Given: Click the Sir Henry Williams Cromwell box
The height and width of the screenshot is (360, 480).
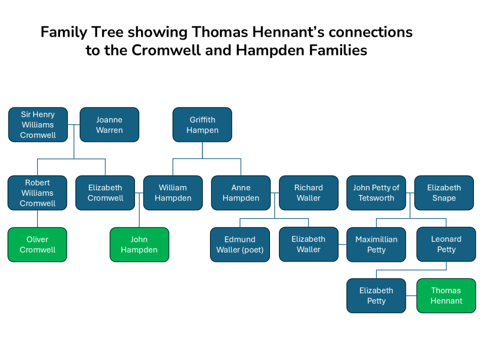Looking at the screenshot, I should pyautogui.click(x=37, y=125).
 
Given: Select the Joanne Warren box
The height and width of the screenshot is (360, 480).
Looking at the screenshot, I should pyautogui.click(x=109, y=125).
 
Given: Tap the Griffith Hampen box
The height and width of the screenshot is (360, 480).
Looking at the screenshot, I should pyautogui.click(x=202, y=125).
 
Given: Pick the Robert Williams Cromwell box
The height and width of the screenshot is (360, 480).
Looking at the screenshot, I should pyautogui.click(x=37, y=193).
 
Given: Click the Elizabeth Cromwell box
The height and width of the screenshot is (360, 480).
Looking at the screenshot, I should pyautogui.click(x=105, y=193).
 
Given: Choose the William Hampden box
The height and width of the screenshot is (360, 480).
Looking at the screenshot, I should pyautogui.click(x=173, y=193).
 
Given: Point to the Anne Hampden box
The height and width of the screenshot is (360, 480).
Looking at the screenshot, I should pyautogui.click(x=240, y=193).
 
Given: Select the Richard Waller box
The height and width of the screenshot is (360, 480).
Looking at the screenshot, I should pyautogui.click(x=308, y=193).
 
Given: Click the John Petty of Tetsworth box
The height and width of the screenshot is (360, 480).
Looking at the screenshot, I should pyautogui.click(x=376, y=193).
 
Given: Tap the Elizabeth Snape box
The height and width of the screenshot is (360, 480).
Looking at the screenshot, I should pyautogui.click(x=444, y=193).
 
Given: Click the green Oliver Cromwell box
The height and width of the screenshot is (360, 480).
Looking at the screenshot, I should pyautogui.click(x=37, y=244).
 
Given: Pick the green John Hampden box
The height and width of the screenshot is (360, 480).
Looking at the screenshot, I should pyautogui.click(x=139, y=244).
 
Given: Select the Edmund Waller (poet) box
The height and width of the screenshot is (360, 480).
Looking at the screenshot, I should pyautogui.click(x=240, y=244).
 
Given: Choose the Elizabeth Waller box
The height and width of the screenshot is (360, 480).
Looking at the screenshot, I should pyautogui.click(x=308, y=244).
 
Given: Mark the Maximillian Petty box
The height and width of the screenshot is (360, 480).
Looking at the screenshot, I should pyautogui.click(x=376, y=244).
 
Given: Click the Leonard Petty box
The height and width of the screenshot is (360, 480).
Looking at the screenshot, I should pyautogui.click(x=446, y=244).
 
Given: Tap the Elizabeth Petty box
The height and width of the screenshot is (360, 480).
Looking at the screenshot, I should pyautogui.click(x=376, y=295).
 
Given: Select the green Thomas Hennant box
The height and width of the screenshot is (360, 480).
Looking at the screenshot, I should pyautogui.click(x=446, y=295).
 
